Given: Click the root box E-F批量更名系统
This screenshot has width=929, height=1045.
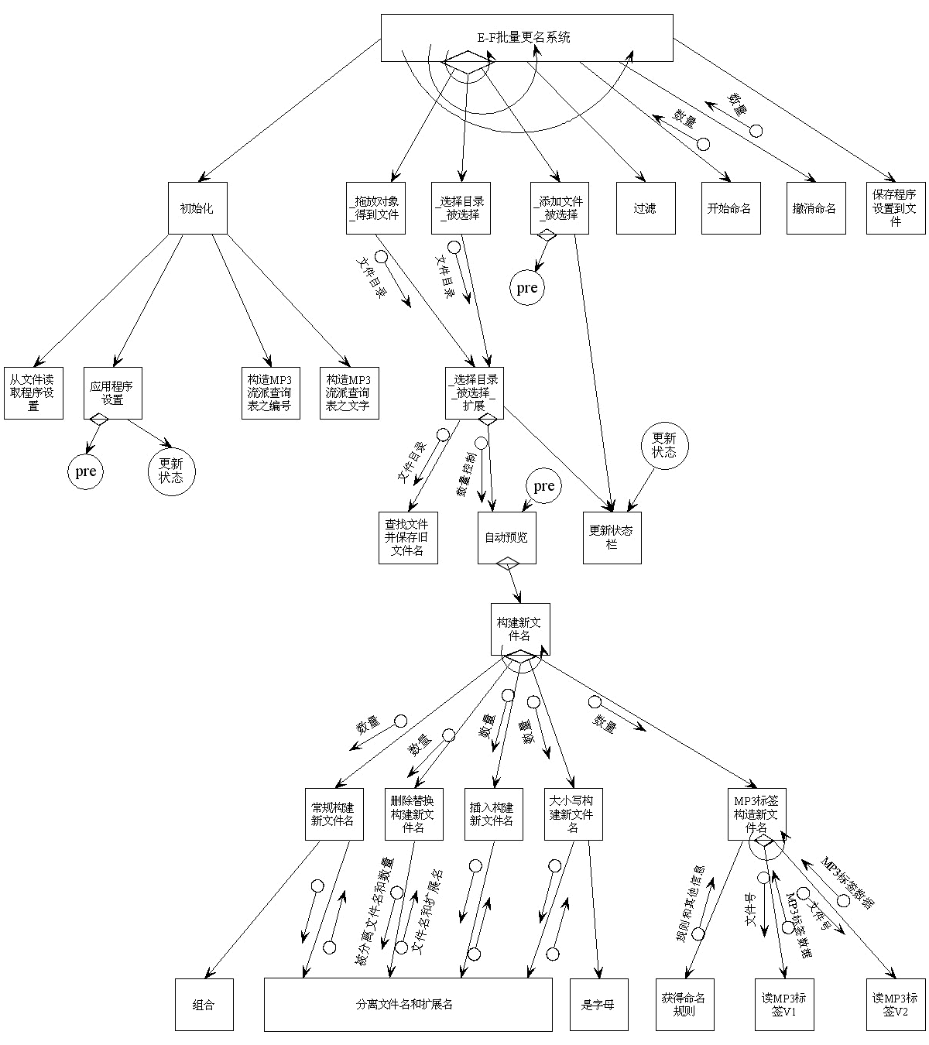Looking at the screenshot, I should click(526, 37).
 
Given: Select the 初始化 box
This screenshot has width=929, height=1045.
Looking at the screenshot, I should click(197, 208).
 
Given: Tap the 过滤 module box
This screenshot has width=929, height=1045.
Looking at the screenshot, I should click(646, 208).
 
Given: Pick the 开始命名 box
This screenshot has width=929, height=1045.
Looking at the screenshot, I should click(730, 208).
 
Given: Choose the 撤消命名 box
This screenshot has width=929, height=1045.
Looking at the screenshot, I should click(815, 208).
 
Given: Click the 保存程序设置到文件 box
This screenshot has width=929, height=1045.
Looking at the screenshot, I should click(896, 208).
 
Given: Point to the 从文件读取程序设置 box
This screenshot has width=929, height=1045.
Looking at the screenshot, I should click(33, 393).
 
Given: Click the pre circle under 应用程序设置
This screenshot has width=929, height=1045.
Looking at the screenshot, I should click(85, 471).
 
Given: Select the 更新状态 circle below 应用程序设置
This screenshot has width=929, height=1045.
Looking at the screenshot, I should click(171, 471).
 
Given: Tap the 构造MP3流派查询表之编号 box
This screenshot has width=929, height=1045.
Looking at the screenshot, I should click(270, 393).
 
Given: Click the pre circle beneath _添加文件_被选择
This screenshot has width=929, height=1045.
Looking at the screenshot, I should click(526, 288).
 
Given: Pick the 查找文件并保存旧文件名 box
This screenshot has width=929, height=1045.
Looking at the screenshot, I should click(408, 538).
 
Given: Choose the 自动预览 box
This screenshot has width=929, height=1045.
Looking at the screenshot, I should click(507, 538).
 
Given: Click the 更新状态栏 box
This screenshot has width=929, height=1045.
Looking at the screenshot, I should click(612, 538).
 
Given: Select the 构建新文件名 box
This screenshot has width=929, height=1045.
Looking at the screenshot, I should click(520, 629).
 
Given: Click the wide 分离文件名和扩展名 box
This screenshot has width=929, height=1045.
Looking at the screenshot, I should click(408, 1005).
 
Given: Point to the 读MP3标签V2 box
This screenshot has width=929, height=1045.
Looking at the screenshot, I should click(896, 1005).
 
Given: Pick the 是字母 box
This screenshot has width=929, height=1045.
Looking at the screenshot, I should click(598, 1005).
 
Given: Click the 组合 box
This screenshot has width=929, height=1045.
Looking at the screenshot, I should click(204, 1005).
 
